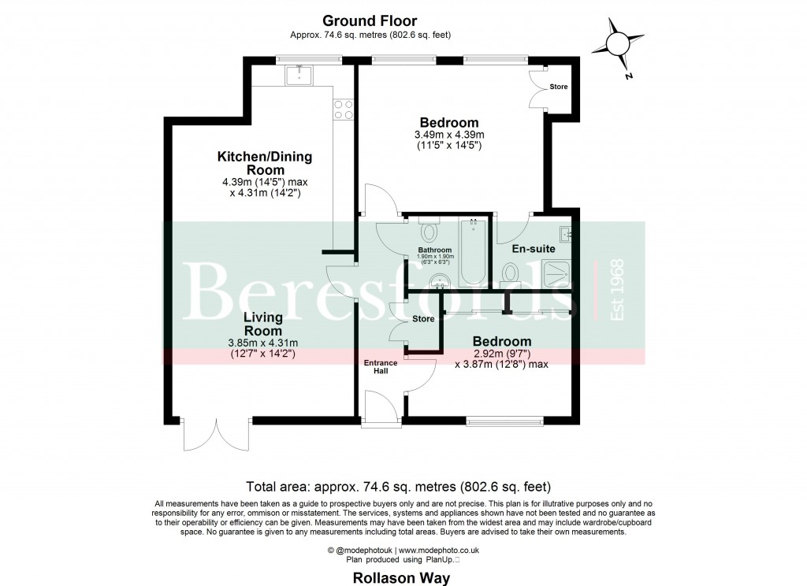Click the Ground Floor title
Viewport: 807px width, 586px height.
[x=370, y=20]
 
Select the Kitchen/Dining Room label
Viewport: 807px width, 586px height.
[x=265, y=163]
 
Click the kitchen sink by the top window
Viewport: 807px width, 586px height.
[x=299, y=75]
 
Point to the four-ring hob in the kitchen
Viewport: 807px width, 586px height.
[x=344, y=109]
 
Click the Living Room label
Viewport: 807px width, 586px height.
[x=263, y=325]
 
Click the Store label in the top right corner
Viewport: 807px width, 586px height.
[x=559, y=87]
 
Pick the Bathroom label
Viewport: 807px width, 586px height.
[x=435, y=250]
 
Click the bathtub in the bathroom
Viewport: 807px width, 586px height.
[x=473, y=252]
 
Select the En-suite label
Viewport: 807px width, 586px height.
[x=534, y=248]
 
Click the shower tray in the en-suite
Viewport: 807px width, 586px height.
[x=556, y=274]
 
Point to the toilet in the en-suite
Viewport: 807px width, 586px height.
[x=511, y=275]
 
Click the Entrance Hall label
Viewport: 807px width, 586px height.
[x=381, y=366]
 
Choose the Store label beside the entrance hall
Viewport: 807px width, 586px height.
[x=423, y=319]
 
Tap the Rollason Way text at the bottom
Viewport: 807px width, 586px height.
[x=401, y=578]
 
